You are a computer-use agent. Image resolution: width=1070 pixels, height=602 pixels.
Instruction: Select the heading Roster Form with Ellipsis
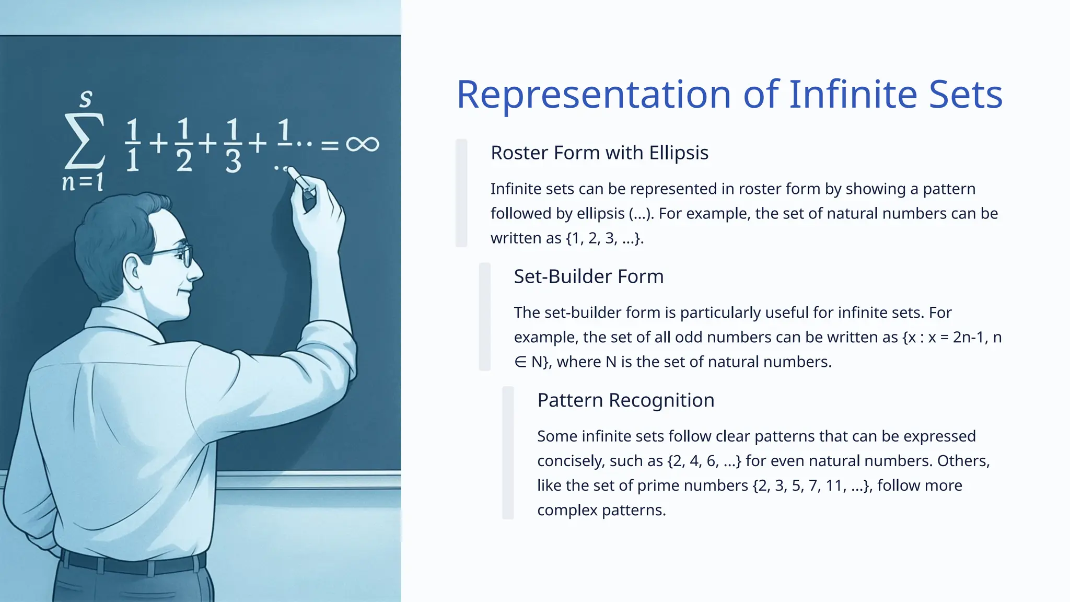click(599, 153)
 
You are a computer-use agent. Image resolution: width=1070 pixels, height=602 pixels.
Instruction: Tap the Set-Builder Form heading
click(588, 276)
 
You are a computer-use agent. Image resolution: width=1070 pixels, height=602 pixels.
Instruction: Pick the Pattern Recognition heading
click(625, 400)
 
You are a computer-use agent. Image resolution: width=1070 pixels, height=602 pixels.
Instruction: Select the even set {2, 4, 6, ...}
click(704, 461)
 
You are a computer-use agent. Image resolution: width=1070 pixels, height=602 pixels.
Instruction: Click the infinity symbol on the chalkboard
click(362, 144)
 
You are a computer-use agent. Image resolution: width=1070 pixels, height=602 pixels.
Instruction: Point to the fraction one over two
click(183, 146)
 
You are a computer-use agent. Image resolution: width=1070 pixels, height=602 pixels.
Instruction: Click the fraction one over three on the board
click(233, 146)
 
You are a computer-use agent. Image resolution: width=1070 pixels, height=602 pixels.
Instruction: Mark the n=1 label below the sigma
click(83, 182)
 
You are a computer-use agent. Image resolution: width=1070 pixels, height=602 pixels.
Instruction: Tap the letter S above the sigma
click(86, 98)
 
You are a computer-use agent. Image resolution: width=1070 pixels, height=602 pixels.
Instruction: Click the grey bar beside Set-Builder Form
click(485, 317)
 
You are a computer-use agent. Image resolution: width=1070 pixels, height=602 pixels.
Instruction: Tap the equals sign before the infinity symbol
click(329, 145)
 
